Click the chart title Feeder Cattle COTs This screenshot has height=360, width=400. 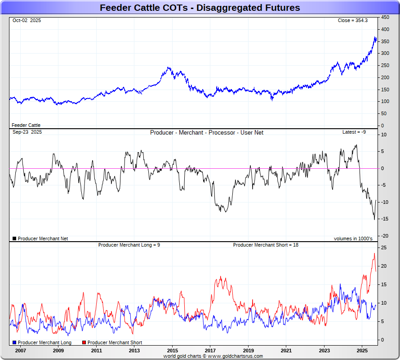pos(200,8)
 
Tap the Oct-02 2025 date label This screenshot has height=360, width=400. pos(27,21)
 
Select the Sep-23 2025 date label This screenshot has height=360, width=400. pos(27,132)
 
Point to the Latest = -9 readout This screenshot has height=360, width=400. pos(354,132)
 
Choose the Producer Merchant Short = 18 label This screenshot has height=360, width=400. pos(266,245)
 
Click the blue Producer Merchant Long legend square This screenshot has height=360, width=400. pos(15,343)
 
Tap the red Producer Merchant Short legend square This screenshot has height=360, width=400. pos(84,343)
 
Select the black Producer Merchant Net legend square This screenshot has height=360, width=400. pos(15,238)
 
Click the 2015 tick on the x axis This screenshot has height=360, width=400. pos(172,350)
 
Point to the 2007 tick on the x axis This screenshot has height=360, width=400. pos(20,350)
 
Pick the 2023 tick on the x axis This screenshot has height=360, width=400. pos(324,350)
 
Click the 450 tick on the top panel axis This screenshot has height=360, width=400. pos(385,17)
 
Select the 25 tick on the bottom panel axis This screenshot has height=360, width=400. pos(385,247)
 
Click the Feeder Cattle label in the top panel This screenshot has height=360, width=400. pos(26,125)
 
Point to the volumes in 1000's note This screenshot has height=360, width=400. pos(353,238)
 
